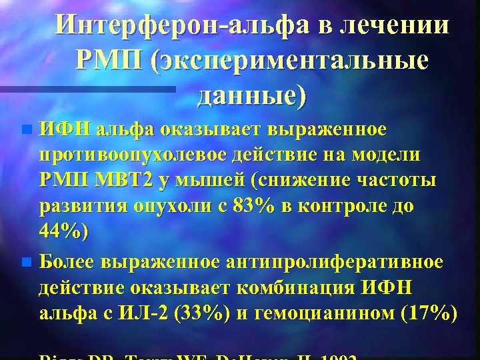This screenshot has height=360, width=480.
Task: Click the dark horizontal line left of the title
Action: pos(87,87)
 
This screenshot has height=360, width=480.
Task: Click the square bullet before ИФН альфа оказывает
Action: pos(26,128)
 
